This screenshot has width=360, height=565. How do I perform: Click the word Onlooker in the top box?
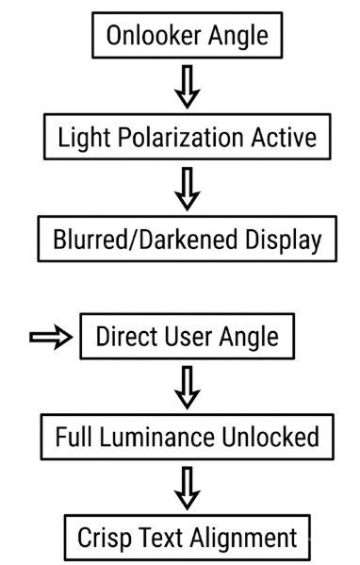point(154,35)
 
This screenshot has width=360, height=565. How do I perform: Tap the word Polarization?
point(180,138)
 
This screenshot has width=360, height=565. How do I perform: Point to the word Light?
point(84,138)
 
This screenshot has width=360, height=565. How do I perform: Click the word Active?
point(284,137)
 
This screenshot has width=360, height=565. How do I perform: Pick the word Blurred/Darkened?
point(145,239)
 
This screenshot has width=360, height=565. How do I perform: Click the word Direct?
point(126,336)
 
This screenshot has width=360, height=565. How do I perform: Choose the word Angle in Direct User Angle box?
point(249,338)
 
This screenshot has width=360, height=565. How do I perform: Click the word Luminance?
point(156,437)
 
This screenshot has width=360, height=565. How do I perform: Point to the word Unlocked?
point(270,437)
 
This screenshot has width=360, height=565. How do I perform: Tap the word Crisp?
point(105,539)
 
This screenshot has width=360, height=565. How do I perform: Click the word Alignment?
point(244,539)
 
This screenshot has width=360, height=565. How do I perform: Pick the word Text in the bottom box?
point(160,538)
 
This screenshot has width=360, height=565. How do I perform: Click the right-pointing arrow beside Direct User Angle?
point(51,337)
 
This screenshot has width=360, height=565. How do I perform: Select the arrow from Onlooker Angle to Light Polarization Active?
point(188,87)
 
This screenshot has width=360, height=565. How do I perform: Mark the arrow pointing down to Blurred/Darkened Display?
point(188,189)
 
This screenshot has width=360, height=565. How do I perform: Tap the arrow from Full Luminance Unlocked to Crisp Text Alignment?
point(188,489)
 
